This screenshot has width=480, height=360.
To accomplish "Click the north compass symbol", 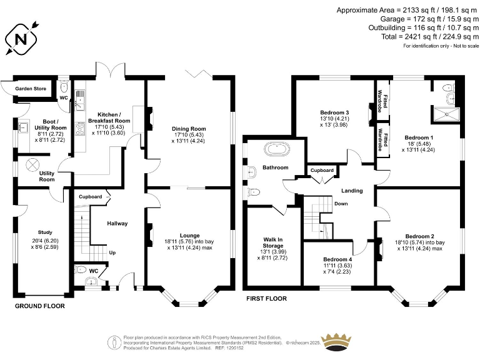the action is point(21,39).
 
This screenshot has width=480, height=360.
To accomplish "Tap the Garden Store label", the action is point(31,89).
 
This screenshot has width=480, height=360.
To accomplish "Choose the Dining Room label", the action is point(189,129).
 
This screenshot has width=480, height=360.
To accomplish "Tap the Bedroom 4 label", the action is point(337,259).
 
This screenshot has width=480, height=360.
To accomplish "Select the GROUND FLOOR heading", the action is point(40,306).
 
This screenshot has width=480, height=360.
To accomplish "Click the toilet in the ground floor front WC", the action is point(80,270).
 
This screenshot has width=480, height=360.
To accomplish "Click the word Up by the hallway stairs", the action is point(113,252).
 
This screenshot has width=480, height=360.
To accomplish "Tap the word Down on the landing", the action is point(341,204).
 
